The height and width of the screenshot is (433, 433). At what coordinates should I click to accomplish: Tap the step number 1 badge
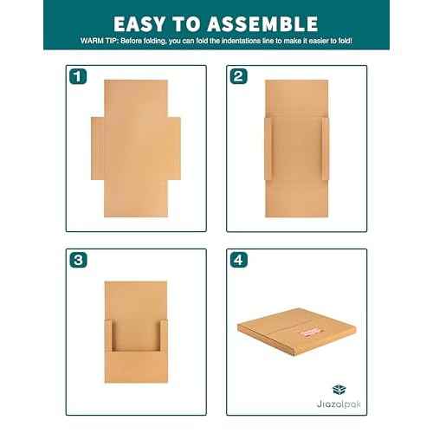(x=79, y=76)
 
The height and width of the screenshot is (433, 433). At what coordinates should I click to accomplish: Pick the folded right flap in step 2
(x=326, y=148)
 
